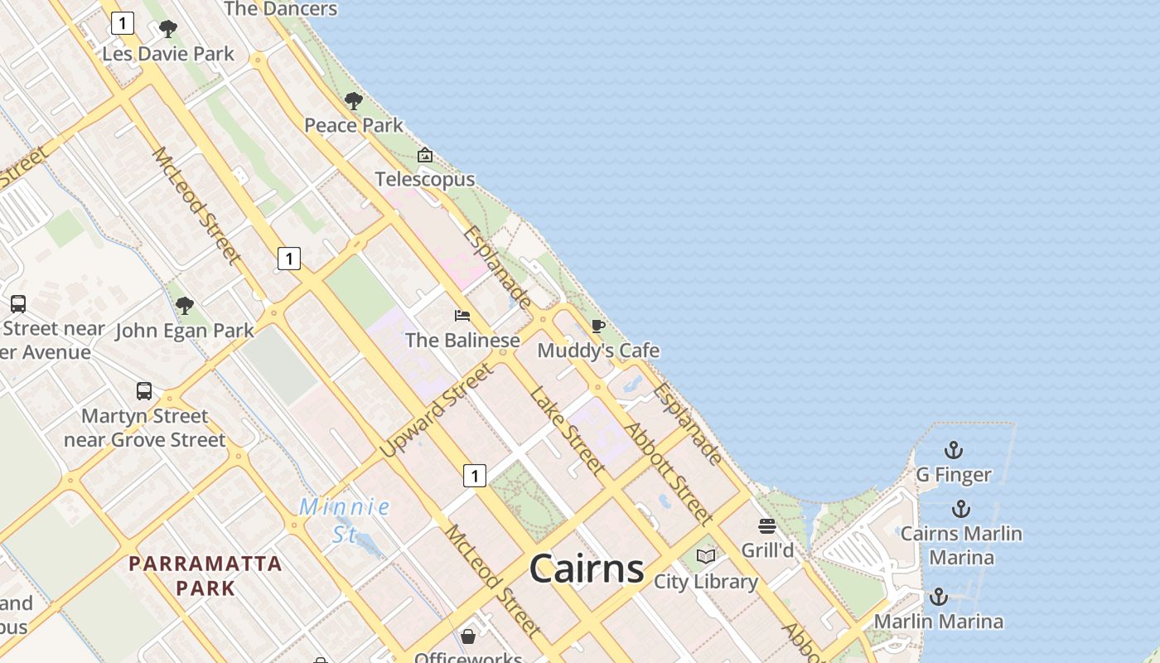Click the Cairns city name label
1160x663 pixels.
point(586,569)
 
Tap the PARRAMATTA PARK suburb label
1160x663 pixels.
point(205,576)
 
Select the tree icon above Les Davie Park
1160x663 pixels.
point(168,29)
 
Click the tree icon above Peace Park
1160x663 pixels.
point(354,101)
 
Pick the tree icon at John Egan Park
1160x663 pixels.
point(185,306)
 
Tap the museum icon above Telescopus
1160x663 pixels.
point(425,155)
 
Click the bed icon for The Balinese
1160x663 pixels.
point(462,316)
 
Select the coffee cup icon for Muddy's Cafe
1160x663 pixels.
point(598,326)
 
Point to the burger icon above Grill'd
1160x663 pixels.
point(767,526)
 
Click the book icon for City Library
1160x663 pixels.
point(706,557)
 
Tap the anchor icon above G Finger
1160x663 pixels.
point(954,451)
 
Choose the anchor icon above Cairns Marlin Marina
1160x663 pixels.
point(961,509)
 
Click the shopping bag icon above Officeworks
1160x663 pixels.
point(468,636)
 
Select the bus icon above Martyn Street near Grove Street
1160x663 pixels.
point(144,391)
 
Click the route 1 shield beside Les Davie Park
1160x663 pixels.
point(123,23)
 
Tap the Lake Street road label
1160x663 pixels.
point(567,429)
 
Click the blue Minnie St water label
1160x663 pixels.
point(345,520)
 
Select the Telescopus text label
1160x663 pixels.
point(425,179)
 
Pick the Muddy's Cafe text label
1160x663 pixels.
point(598,351)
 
